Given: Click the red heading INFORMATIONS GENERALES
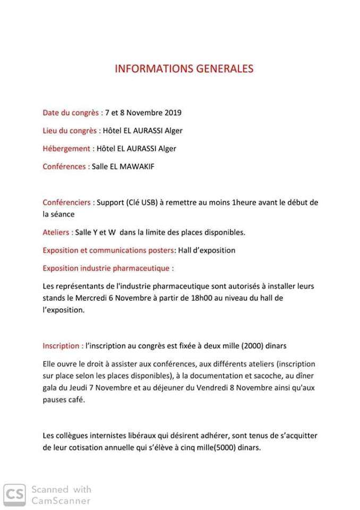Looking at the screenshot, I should (x=184, y=69).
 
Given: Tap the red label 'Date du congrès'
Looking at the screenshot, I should (x=71, y=113).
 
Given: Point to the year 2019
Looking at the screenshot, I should (x=173, y=113).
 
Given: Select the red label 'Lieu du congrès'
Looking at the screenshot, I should (x=71, y=131).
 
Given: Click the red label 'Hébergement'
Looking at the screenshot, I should (x=67, y=149).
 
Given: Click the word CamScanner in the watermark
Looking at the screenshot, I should (x=61, y=500).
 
